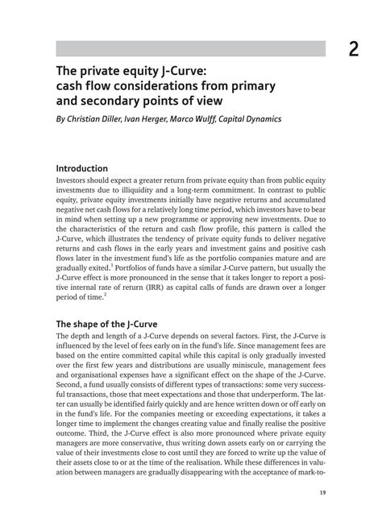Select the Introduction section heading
93,168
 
